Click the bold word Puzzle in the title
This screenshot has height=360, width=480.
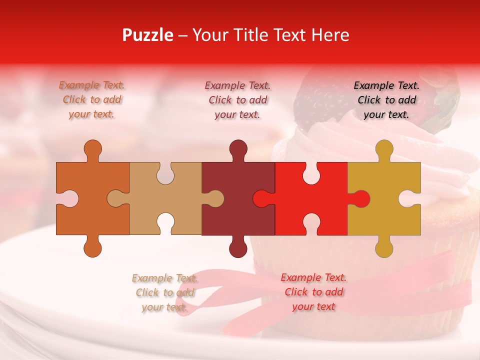148,35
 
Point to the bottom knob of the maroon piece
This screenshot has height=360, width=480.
238,248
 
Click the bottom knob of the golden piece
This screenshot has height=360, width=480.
384,248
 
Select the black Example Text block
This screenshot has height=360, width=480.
386,100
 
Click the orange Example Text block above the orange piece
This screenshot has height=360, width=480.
92,100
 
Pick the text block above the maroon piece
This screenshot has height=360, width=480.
238,100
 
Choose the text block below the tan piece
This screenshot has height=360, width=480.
164,292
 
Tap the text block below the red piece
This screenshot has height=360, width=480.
313,292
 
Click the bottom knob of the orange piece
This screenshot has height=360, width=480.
92,248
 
